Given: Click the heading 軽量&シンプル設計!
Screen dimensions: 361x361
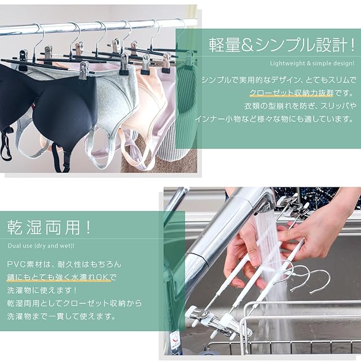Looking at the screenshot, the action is (281, 45).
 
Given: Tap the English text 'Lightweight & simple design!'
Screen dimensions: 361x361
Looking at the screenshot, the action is (312, 63).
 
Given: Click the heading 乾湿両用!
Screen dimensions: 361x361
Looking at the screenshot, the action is (49, 227).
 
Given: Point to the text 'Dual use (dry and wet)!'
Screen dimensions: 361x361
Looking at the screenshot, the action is (41, 246).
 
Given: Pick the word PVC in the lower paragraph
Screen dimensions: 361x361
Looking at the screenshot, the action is (16, 264).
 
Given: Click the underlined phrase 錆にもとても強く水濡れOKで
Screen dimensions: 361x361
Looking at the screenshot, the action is (61, 277).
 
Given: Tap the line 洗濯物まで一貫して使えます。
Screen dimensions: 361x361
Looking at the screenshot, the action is (61, 316).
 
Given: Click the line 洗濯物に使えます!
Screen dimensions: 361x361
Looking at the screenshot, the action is (42, 290).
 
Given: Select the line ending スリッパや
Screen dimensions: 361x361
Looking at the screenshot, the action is (300, 106).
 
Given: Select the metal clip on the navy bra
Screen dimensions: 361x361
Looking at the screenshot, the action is (84, 71).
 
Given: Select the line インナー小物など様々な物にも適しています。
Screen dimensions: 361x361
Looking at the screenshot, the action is (275, 119).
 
